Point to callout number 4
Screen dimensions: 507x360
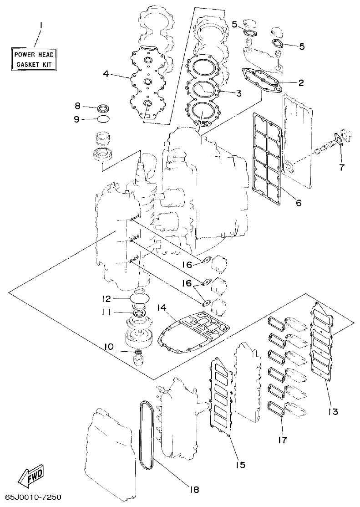pos(106,73)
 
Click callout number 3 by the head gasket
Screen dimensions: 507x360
pos(238,93)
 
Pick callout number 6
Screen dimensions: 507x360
pos(298,203)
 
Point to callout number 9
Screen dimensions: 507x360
pos(77,119)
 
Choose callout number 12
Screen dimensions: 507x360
pos(106,299)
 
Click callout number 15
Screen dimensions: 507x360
pos(240,465)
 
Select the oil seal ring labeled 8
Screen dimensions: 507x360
pos(104,108)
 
